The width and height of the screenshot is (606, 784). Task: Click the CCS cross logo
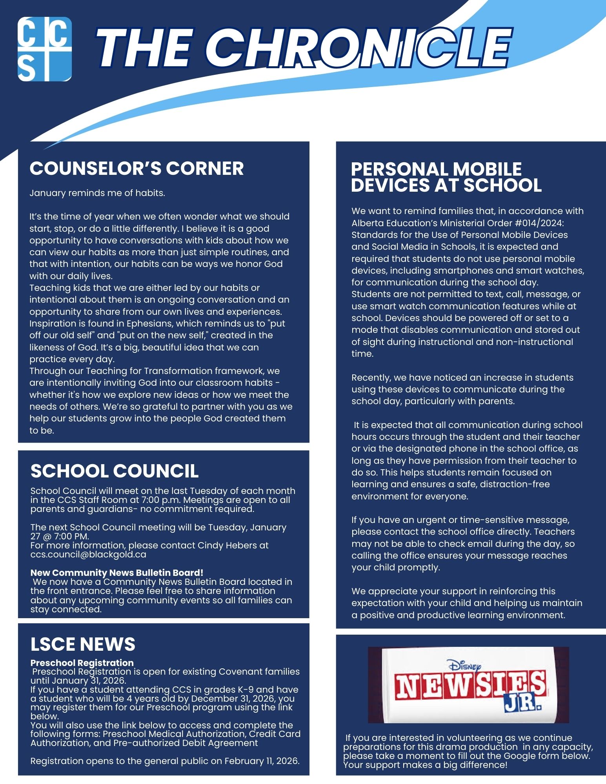[45, 49]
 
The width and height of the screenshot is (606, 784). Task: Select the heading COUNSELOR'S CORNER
[136, 169]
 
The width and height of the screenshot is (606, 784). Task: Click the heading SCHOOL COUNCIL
[115, 471]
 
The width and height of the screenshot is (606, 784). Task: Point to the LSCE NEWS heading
[83, 644]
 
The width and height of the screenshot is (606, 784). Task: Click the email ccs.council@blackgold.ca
[88, 554]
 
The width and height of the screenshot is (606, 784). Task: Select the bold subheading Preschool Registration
[82, 663]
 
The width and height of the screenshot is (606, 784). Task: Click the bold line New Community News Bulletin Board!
[117, 573]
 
